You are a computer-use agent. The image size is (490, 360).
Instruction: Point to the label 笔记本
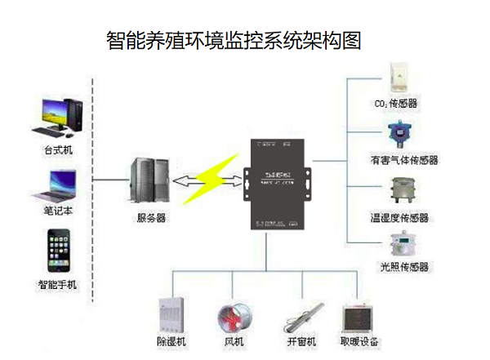tap(59, 211)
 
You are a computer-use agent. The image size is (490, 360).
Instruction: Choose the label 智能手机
tap(57, 285)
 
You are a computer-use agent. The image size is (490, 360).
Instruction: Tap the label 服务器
tap(150, 219)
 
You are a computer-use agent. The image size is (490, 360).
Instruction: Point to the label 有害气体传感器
tap(404, 161)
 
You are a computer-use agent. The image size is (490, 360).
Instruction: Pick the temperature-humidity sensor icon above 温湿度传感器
tap(401, 194)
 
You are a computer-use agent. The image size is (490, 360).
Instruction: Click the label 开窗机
tap(301, 340)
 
